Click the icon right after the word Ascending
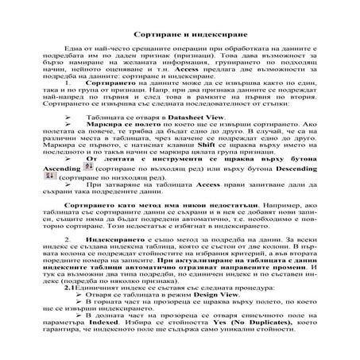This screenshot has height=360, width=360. click(x=88, y=167)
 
